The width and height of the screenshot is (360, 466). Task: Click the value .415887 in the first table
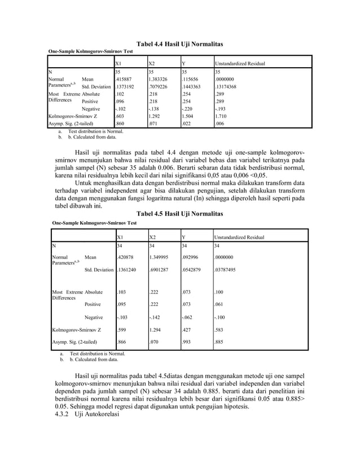click(x=125, y=80)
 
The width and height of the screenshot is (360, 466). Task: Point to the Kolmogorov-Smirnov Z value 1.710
click(x=223, y=115)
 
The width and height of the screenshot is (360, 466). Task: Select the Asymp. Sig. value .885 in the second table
click(x=222, y=342)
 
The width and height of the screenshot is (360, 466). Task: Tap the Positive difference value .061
click(x=221, y=305)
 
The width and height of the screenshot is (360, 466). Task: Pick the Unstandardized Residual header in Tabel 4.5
click(x=239, y=238)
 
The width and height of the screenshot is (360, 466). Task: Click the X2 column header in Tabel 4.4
click(x=152, y=64)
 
